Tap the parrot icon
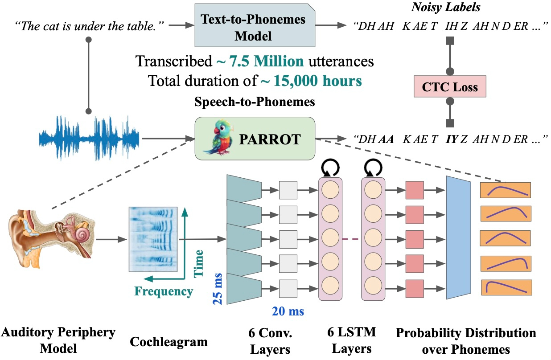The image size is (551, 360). [x=217, y=138]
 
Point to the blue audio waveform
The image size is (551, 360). [x=89, y=138]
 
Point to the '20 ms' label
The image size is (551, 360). [x=287, y=311]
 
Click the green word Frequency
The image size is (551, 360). [x=164, y=291]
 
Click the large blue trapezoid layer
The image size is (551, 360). [x=458, y=237]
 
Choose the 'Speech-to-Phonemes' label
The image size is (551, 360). [x=255, y=102]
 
